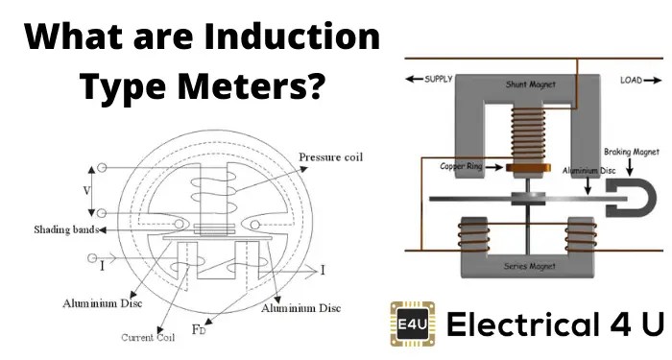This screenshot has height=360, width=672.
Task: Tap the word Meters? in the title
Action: click(x=251, y=88)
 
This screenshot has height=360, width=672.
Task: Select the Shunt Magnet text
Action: click(x=525, y=84)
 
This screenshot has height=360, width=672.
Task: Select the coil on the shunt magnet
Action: click(x=524, y=133)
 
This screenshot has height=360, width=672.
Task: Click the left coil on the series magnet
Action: click(x=470, y=234)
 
